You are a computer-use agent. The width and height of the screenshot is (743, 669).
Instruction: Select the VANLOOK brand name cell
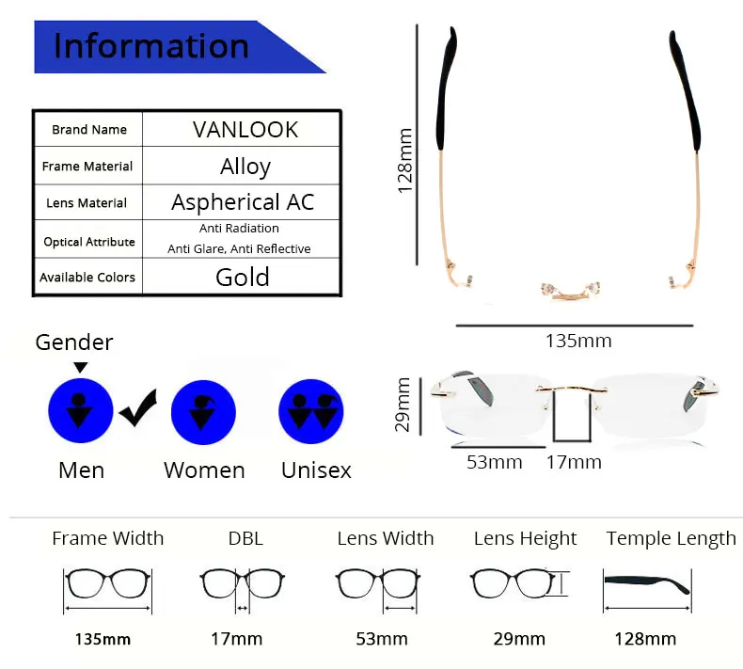[x=245, y=129]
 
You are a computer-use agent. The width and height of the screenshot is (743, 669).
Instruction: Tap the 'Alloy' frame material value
[x=245, y=167]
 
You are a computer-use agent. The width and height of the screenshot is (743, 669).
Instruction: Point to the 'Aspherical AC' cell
[x=243, y=202]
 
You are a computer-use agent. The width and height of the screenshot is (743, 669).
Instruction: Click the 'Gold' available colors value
[x=243, y=277]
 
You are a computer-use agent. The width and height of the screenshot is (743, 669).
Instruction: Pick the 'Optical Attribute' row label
[x=88, y=242]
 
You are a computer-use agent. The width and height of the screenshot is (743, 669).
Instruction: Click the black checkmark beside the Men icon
[x=137, y=410]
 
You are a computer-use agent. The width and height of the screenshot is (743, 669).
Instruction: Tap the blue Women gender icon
[x=203, y=411]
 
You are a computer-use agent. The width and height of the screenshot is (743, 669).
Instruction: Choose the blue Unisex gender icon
[x=312, y=411]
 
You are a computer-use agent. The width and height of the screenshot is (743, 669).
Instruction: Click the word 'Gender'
[x=74, y=342]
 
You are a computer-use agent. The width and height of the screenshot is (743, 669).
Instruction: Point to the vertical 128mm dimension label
[x=405, y=161]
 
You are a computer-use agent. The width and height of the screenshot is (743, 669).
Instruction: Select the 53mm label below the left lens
[x=495, y=462]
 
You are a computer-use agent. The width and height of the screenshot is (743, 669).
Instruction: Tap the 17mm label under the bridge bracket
[x=574, y=462]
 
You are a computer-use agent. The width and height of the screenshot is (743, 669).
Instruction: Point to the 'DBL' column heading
[x=245, y=539]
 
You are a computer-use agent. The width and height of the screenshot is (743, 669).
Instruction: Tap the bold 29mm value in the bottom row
[x=519, y=639]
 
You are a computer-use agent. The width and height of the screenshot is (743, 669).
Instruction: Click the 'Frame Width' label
[x=107, y=539]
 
